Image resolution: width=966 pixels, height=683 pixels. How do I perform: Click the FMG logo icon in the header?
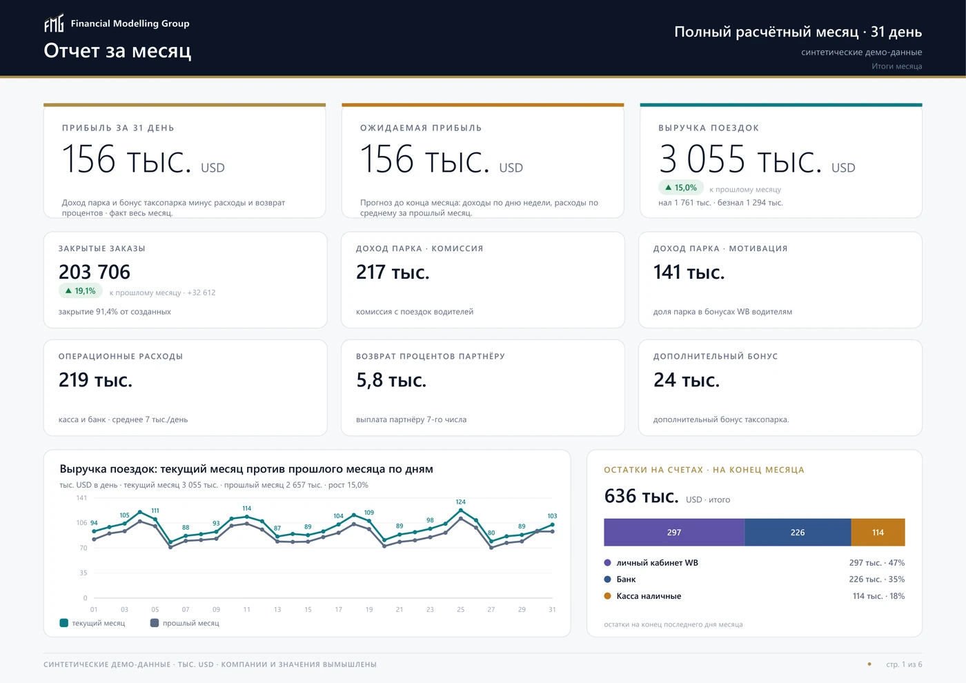coord(54,23)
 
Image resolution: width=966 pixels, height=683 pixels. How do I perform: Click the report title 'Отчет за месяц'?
coord(117,51)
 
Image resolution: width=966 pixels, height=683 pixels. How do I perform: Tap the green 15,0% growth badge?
coord(681,188)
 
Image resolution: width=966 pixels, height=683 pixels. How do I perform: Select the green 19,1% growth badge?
coord(81,291)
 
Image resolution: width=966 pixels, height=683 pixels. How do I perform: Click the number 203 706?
coord(95,272)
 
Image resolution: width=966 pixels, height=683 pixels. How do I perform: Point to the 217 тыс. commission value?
coord(393,272)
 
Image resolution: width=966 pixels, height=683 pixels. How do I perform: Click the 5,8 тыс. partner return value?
coord(391,380)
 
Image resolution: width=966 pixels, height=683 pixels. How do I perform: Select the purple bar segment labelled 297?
coord(674,533)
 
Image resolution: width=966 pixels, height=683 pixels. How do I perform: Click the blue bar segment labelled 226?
coord(798,533)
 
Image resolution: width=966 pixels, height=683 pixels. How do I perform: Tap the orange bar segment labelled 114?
coord(878,533)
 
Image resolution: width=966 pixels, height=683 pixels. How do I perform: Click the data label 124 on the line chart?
coord(461,502)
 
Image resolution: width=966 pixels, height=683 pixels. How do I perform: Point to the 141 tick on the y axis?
coord(81,498)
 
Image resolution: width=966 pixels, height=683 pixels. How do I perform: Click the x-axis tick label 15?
coord(308,610)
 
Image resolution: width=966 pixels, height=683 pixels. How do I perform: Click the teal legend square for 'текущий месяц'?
coord(63,623)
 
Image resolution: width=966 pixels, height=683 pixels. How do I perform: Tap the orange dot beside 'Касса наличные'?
coord(608,596)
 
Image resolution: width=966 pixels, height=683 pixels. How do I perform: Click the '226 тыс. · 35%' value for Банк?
coord(877,579)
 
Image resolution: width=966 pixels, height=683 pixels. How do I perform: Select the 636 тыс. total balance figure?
coord(641,496)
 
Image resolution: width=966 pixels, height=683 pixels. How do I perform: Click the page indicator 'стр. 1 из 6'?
coord(904,664)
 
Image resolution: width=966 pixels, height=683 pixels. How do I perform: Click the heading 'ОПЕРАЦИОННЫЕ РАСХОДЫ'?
coord(121,357)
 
